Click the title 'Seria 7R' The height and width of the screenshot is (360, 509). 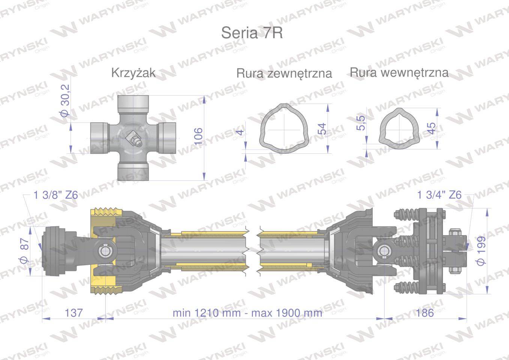coord(252,33)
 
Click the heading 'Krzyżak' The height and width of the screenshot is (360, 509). coord(133,73)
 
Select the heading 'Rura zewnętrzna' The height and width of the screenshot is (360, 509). coord(284,73)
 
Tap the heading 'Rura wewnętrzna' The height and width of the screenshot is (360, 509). coord(399,72)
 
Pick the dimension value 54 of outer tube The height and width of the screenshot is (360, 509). coord(321,129)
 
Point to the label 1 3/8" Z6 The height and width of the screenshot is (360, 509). coord(56,195)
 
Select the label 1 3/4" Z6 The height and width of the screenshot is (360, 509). coord(439,195)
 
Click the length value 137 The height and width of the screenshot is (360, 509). coord(74,312)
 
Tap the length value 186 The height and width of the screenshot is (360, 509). coord(425,312)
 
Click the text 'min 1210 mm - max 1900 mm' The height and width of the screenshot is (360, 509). coord(247,313)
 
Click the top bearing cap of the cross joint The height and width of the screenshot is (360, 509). coord(134,103)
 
